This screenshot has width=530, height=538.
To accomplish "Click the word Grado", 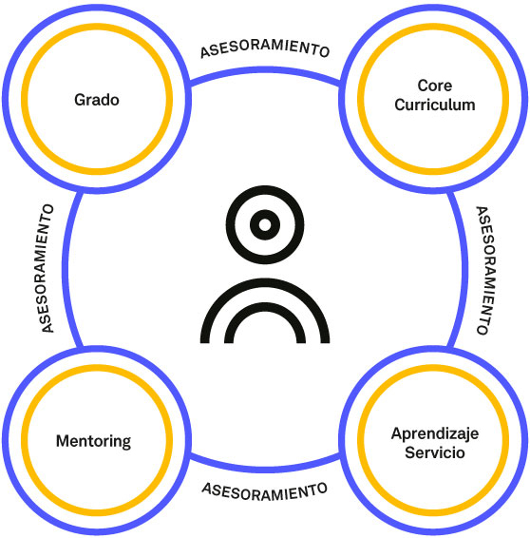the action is click(x=97, y=100).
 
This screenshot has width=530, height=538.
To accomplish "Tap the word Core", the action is click(x=435, y=86).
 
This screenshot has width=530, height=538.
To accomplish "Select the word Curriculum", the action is click(x=435, y=105).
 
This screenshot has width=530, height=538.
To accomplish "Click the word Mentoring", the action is click(x=93, y=442).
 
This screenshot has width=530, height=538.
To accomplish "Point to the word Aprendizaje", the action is click(x=435, y=434).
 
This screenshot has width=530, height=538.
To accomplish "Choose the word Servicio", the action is click(x=435, y=452).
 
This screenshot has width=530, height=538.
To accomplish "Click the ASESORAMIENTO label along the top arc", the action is click(x=265, y=48).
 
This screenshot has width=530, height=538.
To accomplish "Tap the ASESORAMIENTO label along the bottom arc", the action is click(x=264, y=491).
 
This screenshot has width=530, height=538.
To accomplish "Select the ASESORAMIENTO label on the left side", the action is click(x=47, y=268).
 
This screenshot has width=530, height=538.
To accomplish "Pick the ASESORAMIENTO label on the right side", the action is click(x=486, y=270).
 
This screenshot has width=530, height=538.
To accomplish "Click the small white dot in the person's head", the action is click(x=265, y=224).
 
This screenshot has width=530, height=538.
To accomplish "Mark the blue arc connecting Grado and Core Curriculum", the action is click(x=265, y=70).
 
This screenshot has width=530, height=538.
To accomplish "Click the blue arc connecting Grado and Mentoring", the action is click(x=66, y=269).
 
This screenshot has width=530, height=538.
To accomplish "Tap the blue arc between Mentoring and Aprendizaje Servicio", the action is click(x=265, y=469).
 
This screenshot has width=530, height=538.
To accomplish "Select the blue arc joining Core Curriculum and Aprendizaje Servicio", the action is click(x=464, y=269).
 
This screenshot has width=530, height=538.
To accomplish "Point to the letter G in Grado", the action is click(x=80, y=100).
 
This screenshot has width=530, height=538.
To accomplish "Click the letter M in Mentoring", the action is click(x=63, y=441).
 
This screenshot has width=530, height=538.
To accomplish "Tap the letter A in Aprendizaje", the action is click(x=397, y=433).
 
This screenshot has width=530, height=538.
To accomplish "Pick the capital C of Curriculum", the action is click(x=400, y=105).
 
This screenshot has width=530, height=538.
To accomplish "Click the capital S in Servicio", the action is click(x=410, y=452).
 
